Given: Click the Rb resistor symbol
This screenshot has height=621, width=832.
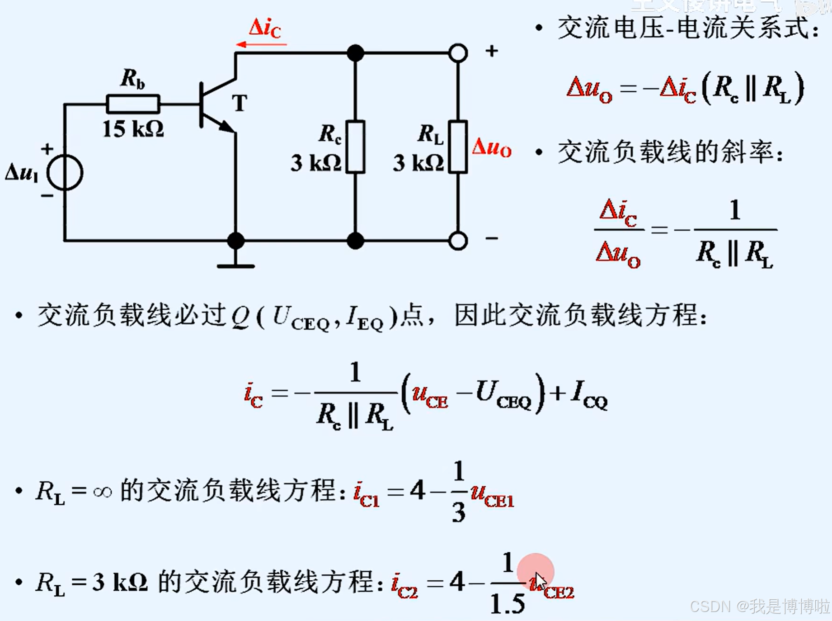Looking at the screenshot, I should pyautogui.click(x=133, y=104).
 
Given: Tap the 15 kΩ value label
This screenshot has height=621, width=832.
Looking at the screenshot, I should pyautogui.click(x=133, y=130).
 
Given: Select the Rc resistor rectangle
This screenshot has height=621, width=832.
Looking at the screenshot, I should pyautogui.click(x=355, y=147).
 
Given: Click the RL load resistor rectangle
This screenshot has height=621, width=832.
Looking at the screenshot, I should pyautogui.click(x=458, y=147).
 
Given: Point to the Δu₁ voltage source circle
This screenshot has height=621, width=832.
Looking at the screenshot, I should pyautogui.click(x=65, y=172).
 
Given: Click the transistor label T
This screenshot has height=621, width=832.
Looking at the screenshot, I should pyautogui.click(x=240, y=103).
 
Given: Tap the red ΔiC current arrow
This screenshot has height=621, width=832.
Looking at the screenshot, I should pyautogui.click(x=261, y=44).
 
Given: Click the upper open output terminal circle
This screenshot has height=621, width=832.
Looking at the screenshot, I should pyautogui.click(x=458, y=53).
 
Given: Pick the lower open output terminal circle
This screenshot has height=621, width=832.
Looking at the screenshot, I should pyautogui.click(x=458, y=241).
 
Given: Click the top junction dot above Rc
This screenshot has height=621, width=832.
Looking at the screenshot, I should pyautogui.click(x=355, y=53).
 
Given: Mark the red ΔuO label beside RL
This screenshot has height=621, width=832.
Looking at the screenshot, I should pyautogui.click(x=491, y=148).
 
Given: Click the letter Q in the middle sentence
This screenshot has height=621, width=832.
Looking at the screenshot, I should pyautogui.click(x=240, y=316).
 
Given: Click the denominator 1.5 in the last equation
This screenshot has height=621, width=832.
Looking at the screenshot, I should pyautogui.click(x=507, y=603).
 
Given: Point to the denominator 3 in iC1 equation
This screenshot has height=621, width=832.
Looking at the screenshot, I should pyautogui.click(x=458, y=513).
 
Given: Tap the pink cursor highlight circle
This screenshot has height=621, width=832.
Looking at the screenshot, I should pyautogui.click(x=536, y=572).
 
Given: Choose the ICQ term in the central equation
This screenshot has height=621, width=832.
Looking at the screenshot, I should pyautogui.click(x=589, y=394).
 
